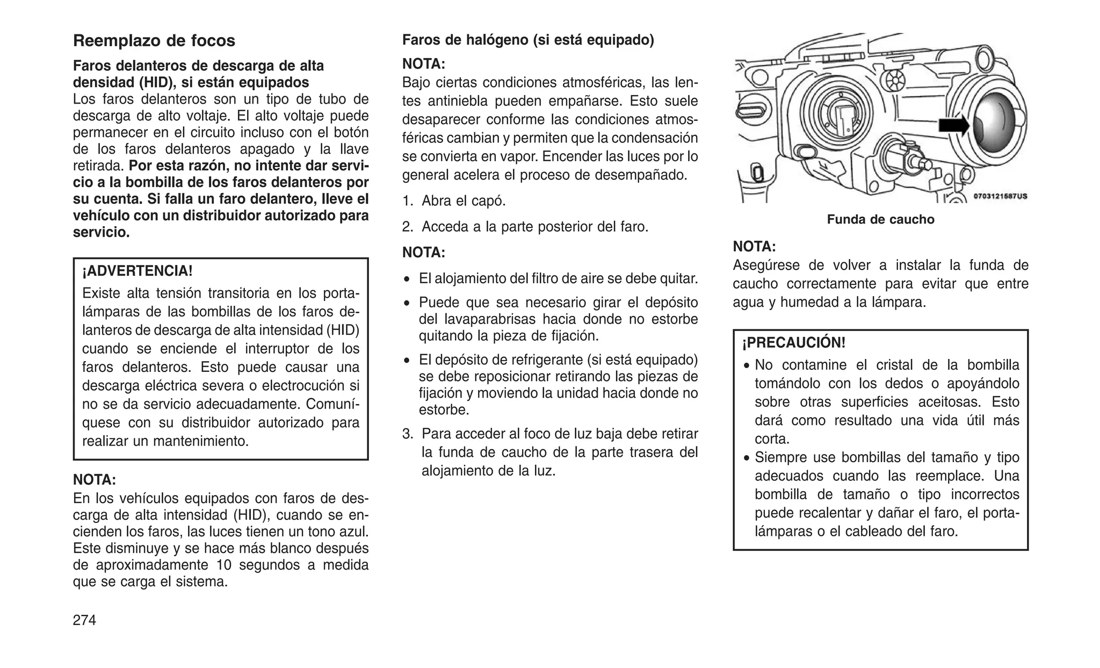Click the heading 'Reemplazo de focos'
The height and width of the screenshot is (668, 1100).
[x=154, y=41]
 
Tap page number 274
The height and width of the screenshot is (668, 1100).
[x=84, y=620]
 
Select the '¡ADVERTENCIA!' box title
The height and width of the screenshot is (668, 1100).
[x=137, y=271]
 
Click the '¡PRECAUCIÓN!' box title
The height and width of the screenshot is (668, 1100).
[x=794, y=342]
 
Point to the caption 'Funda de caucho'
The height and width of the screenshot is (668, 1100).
[x=880, y=219]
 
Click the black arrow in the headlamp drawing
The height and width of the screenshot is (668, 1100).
[x=953, y=126]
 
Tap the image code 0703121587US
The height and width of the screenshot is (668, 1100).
[x=1000, y=196]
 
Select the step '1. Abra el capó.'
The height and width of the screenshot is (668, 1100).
[x=454, y=201]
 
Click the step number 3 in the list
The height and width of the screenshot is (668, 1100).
[x=408, y=434]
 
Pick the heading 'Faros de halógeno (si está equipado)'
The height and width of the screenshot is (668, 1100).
[x=528, y=40]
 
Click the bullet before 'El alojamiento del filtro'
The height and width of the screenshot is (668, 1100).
[x=408, y=279]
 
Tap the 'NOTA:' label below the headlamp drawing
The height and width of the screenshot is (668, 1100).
[x=754, y=247]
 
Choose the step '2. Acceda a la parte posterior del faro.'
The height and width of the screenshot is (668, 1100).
[x=525, y=227]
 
